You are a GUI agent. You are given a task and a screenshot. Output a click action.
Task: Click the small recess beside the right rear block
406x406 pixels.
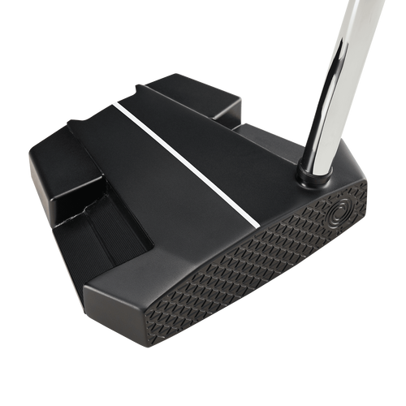[x=244, y=126]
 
